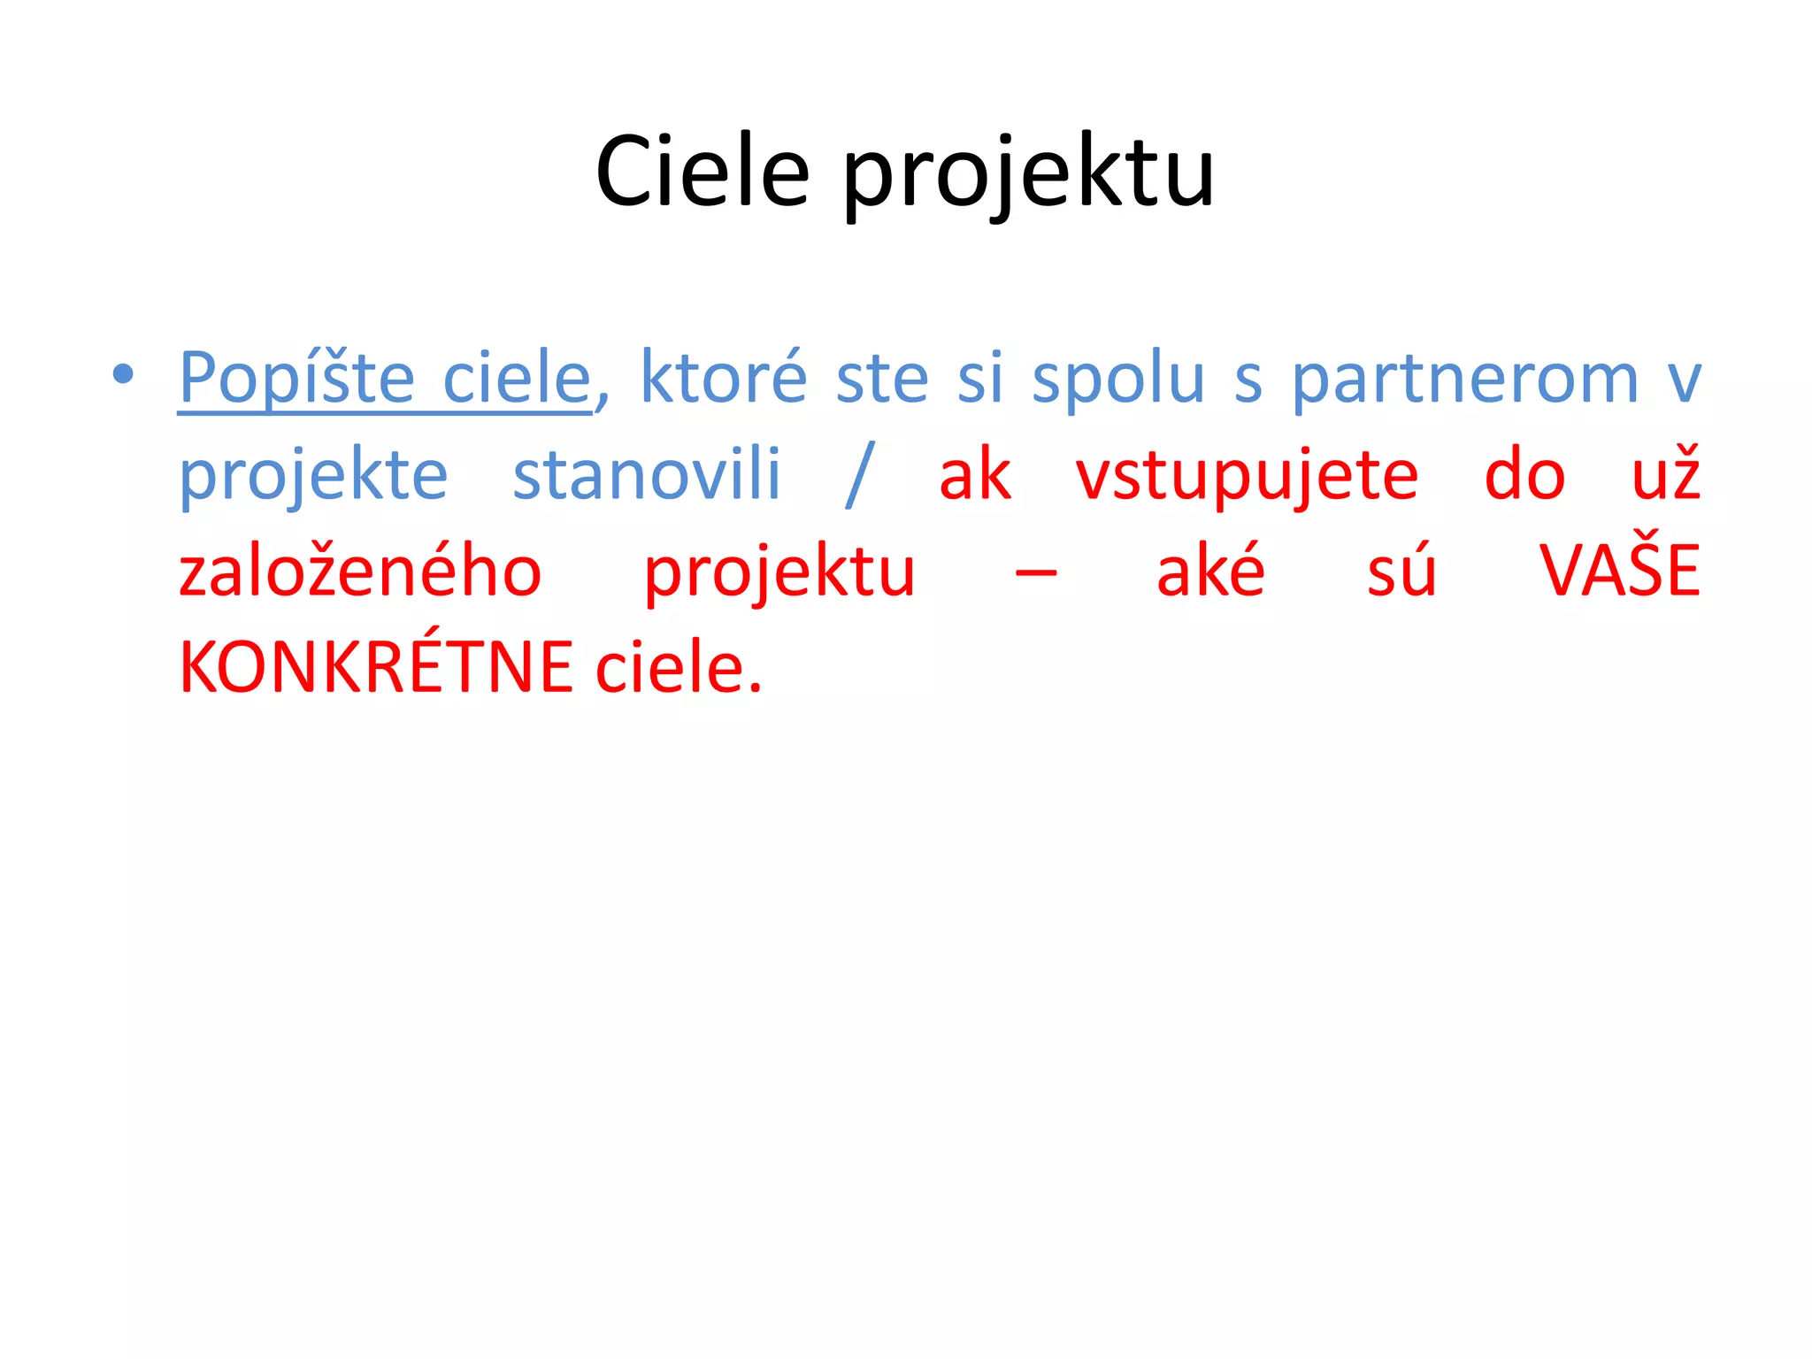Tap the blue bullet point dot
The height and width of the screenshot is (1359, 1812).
tap(123, 374)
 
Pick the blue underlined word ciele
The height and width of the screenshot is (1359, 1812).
tap(516, 379)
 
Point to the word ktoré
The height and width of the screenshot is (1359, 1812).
tap(723, 379)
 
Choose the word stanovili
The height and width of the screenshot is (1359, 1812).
tap(647, 475)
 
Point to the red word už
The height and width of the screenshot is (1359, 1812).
tap(1665, 475)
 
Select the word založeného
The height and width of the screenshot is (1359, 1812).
tap(360, 572)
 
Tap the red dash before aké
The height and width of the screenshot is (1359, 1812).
tap(1035, 573)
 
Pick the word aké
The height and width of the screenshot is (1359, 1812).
tap(1210, 572)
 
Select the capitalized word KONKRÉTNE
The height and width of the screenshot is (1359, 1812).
tap(376, 667)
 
